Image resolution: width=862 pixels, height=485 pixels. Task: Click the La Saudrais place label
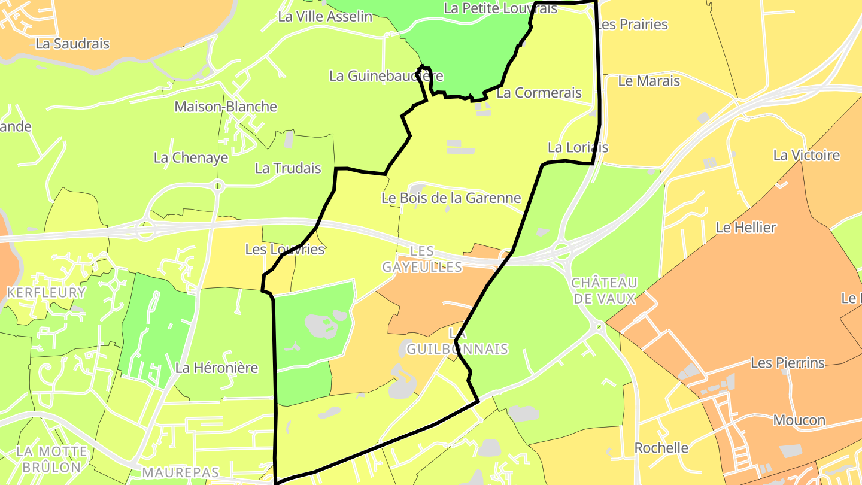click(x=72, y=44)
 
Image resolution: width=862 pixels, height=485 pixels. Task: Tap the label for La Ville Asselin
click(x=325, y=17)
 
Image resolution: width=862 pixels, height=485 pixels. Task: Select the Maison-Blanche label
click(x=226, y=107)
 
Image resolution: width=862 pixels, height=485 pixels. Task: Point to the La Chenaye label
click(x=191, y=158)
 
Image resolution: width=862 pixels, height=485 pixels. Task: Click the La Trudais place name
click(x=288, y=168)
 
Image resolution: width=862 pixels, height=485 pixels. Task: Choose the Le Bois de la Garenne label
click(x=451, y=198)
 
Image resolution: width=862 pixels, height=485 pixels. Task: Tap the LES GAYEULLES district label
click(x=422, y=259)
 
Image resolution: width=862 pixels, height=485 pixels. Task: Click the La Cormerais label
click(x=539, y=93)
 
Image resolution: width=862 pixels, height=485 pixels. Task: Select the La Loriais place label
click(x=578, y=147)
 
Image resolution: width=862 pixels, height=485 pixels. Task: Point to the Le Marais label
click(x=649, y=81)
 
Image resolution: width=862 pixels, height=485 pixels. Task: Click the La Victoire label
click(x=806, y=156)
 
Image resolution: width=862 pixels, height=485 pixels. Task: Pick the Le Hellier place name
click(x=746, y=228)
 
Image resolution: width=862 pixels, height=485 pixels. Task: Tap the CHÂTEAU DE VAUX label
click(x=604, y=290)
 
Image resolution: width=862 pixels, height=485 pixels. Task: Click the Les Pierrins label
click(x=787, y=363)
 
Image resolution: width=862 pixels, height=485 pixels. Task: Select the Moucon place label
click(x=799, y=420)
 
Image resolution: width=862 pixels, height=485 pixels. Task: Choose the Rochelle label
click(x=661, y=448)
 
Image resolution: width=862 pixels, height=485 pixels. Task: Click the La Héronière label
click(x=216, y=368)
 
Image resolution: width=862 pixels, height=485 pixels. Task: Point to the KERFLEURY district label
click(x=46, y=293)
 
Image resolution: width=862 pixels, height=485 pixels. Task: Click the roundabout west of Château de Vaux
click(x=561, y=251)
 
